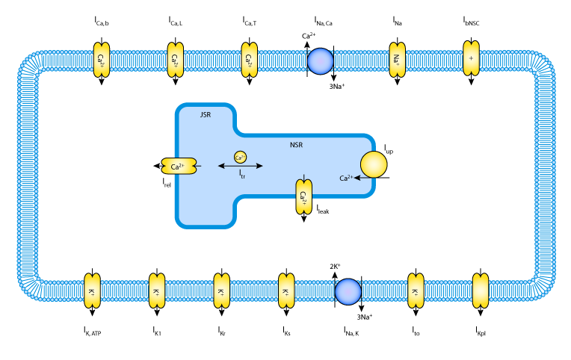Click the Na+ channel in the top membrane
click(397, 60)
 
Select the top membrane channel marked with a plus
click(471, 58)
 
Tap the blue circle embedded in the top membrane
click(321, 61)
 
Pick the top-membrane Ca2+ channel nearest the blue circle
click(250, 60)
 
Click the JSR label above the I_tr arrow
click(206, 115)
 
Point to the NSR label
click(296, 145)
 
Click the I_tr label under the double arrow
click(241, 174)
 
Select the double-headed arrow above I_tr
click(240, 166)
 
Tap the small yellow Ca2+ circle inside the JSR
click(240, 157)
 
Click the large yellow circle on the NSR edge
click(374, 164)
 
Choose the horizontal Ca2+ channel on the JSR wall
click(179, 166)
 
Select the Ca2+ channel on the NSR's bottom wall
click(303, 197)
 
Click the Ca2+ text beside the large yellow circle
click(345, 178)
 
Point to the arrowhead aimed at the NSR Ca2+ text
click(357, 178)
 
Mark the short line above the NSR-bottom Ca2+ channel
click(303, 177)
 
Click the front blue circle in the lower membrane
click(348, 291)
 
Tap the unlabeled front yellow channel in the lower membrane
click(481, 291)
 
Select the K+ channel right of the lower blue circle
click(416, 291)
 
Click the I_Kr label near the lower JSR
click(222, 332)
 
